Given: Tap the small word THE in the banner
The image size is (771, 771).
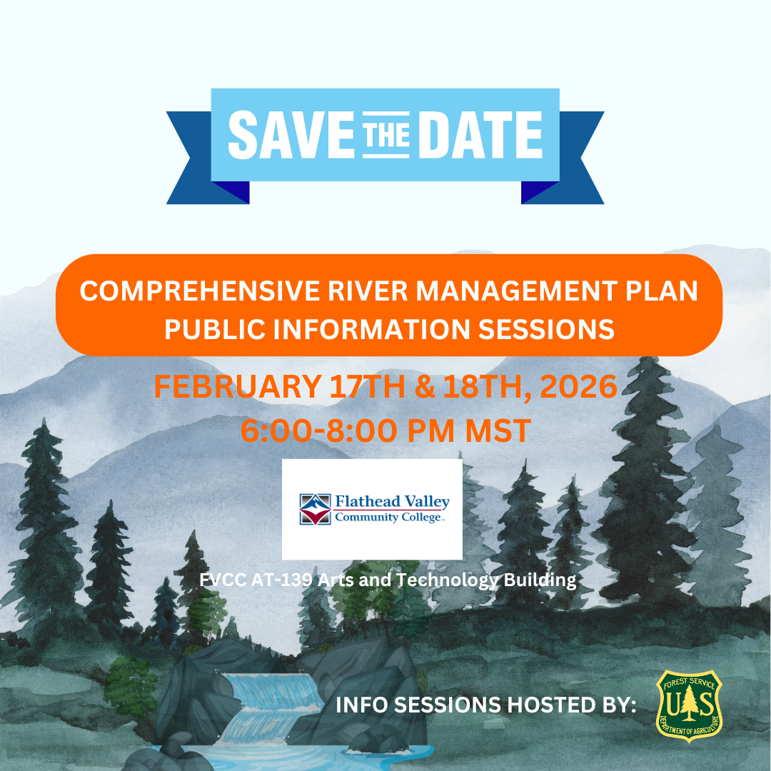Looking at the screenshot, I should coord(386,134).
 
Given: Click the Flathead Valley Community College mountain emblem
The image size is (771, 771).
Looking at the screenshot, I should coord(315,509).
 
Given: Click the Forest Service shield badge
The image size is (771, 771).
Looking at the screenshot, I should coord(689,705).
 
